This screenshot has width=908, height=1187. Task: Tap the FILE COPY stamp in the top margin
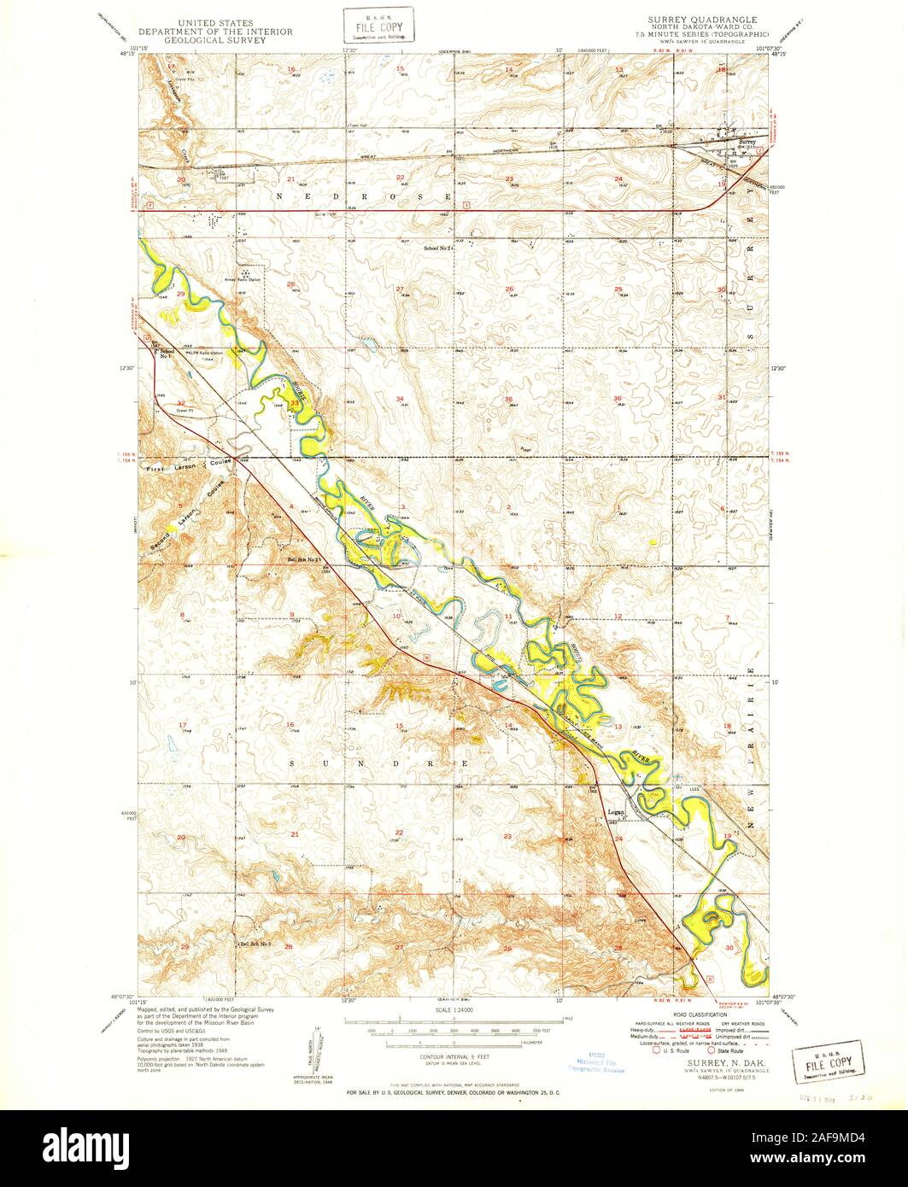click(378, 25)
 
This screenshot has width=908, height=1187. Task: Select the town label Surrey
click(747, 142)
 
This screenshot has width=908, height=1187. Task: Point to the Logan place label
click(616, 811)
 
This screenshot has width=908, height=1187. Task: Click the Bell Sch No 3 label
click(254, 944)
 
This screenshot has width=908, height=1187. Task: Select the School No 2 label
click(437, 248)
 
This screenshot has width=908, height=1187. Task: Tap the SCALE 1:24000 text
click(453, 1009)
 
